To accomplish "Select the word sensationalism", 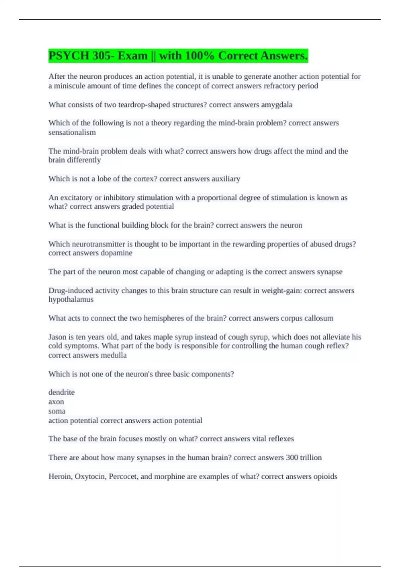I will (x=72, y=132).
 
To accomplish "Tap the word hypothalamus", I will (x=71, y=299).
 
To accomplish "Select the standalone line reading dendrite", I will (x=61, y=392).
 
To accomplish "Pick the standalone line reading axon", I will (x=56, y=402).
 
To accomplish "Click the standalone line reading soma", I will (x=57, y=411).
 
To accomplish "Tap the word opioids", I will (x=325, y=476).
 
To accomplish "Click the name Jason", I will (x=57, y=337).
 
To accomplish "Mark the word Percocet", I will (x=123, y=476).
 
